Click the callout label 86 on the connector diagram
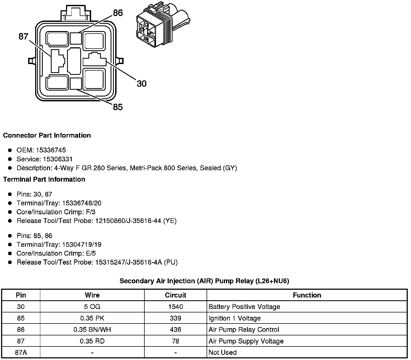pyautogui.click(x=118, y=13)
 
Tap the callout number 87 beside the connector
pyautogui.click(x=24, y=36)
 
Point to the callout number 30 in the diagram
pyautogui.click(x=141, y=84)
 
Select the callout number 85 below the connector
pyautogui.click(x=118, y=107)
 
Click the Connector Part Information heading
pyautogui.click(x=47, y=135)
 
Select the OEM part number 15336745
pyautogui.click(x=51, y=150)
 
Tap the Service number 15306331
pyautogui.click(x=58, y=159)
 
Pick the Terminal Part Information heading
pyautogui.click(x=44, y=179)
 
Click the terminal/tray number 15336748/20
pyautogui.click(x=82, y=203)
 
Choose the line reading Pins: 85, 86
pyautogui.click(x=34, y=236)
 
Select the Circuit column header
pyautogui.click(x=175, y=295)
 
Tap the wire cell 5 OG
pyautogui.click(x=92, y=307)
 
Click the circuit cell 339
pyautogui.click(x=175, y=318)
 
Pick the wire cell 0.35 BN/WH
pyautogui.click(x=92, y=330)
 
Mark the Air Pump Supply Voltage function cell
pyautogui.click(x=246, y=341)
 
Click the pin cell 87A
pyautogui.click(x=21, y=352)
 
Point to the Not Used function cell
pyautogui.click(x=223, y=352)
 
